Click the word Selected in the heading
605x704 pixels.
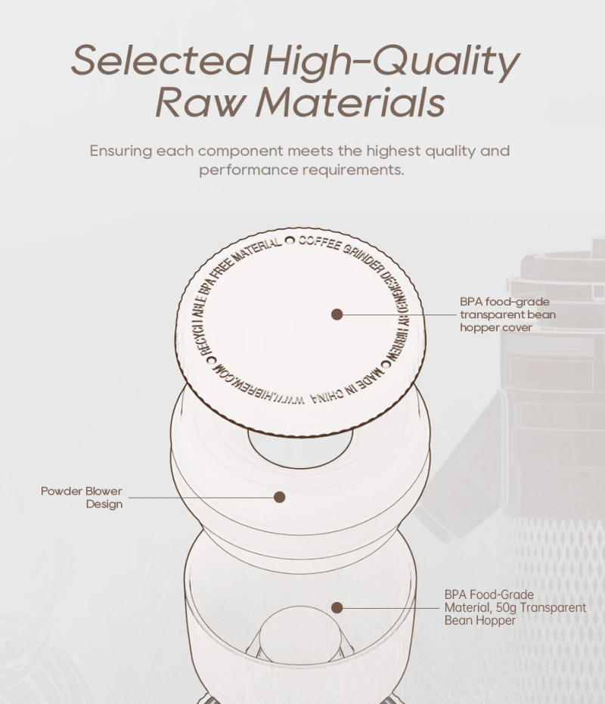coord(161,61)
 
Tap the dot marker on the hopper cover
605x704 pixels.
coord(337,314)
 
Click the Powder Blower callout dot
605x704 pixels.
coord(279,497)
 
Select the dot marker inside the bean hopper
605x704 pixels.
coord(337,607)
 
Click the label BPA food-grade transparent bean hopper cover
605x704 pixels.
coord(507,314)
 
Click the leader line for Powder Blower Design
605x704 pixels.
coord(200,497)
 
